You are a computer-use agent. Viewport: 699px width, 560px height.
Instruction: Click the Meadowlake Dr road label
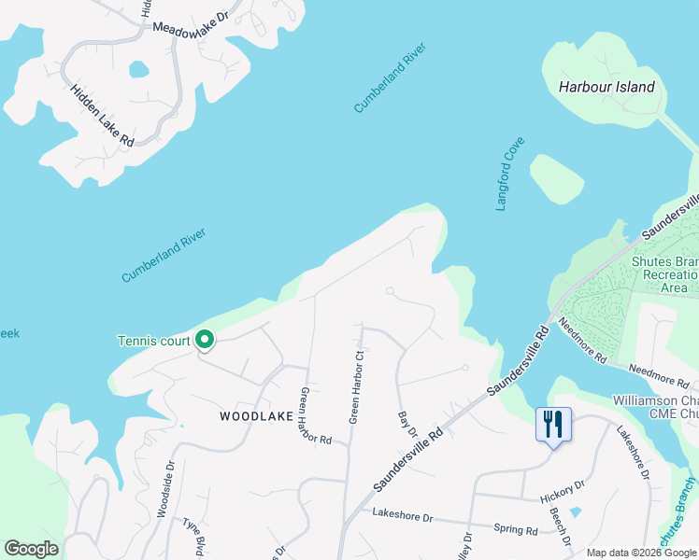tap(191, 24)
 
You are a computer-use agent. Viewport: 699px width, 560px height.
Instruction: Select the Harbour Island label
tap(606, 87)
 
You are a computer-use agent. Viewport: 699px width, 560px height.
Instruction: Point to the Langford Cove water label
tap(510, 174)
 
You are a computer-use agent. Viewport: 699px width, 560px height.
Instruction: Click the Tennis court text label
tap(154, 341)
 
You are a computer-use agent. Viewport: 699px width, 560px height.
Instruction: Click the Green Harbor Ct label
tap(356, 387)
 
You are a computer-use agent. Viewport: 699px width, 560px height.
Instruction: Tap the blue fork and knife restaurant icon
tap(554, 425)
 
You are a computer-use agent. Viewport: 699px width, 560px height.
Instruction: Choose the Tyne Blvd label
tap(193, 535)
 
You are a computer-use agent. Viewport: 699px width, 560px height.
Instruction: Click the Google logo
tap(31, 549)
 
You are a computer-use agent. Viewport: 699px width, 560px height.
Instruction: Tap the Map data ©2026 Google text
tap(640, 553)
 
